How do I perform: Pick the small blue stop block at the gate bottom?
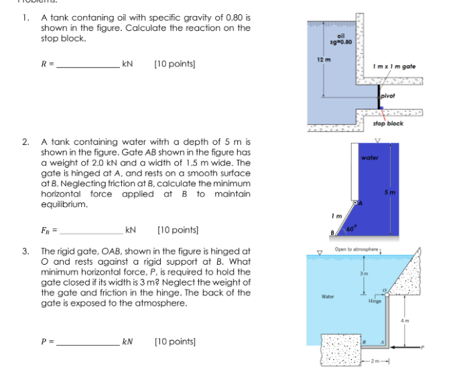[x=379, y=113]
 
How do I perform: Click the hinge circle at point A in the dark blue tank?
[x=358, y=202]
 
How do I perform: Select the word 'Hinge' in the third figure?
[x=375, y=302]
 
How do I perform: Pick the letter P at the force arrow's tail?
[x=423, y=348]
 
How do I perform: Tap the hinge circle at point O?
[x=385, y=293]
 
